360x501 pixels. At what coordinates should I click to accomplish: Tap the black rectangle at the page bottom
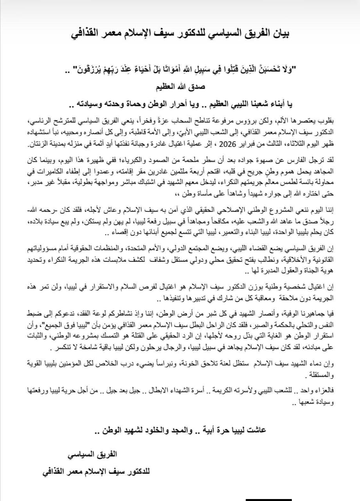click(269, 499)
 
